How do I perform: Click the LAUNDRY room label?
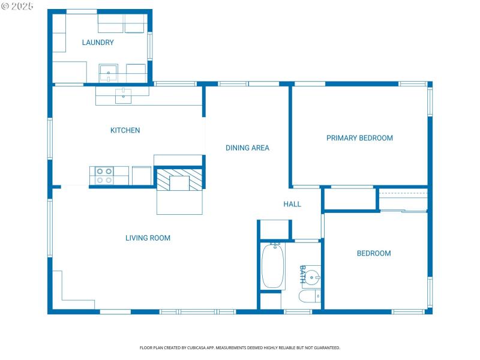click(98, 43)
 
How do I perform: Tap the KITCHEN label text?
click(125, 130)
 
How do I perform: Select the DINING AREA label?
click(247, 148)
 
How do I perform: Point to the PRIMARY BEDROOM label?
click(359, 138)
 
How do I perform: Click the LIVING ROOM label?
click(148, 238)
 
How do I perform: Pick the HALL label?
click(292, 204)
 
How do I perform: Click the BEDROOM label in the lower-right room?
click(374, 253)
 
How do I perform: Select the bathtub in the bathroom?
click(272, 266)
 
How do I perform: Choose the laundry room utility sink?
click(109, 73)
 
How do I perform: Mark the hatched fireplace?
click(179, 179)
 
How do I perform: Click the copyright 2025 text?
click(17, 6)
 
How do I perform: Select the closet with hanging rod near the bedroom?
click(403, 200)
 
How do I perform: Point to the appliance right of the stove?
click(141, 175)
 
